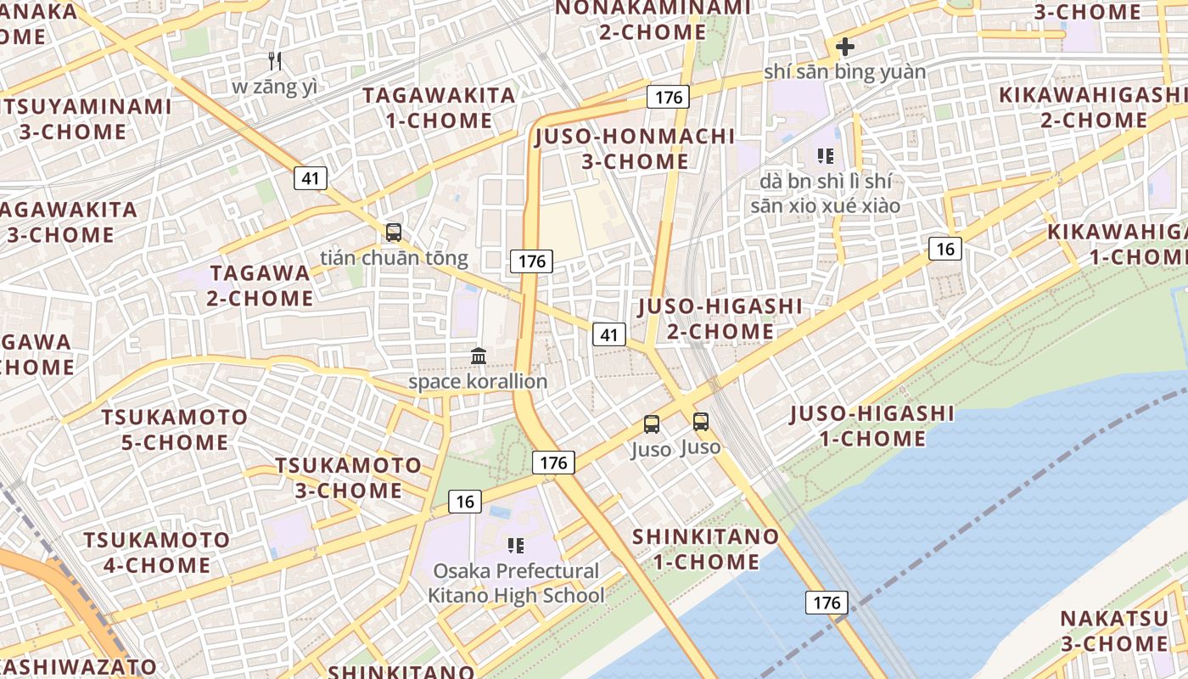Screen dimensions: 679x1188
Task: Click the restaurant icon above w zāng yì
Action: click(x=274, y=60)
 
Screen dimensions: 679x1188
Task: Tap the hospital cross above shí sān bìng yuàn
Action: click(x=844, y=47)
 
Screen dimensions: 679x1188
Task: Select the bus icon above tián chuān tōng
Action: click(x=393, y=232)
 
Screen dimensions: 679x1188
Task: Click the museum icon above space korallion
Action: click(x=479, y=356)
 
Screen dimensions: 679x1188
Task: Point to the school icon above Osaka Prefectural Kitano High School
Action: click(x=516, y=545)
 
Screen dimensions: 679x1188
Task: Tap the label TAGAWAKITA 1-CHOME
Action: click(x=440, y=108)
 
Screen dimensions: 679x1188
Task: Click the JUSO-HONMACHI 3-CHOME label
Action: click(x=636, y=149)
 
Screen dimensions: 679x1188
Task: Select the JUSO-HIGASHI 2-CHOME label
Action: click(x=720, y=318)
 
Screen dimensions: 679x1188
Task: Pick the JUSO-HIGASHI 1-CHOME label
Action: click(x=872, y=426)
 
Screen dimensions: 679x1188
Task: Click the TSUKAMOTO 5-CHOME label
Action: click(x=175, y=429)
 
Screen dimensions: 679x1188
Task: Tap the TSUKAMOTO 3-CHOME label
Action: click(x=348, y=478)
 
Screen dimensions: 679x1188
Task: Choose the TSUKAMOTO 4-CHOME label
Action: click(x=157, y=553)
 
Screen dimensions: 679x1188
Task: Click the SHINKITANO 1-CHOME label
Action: click(x=706, y=549)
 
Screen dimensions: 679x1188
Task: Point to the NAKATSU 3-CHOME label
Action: click(x=1113, y=631)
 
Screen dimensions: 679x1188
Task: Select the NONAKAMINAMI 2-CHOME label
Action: click(x=653, y=20)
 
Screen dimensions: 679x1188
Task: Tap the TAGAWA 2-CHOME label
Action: click(x=261, y=285)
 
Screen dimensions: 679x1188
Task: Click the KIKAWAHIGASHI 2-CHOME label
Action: click(x=1093, y=107)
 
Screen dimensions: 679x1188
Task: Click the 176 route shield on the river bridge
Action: click(x=826, y=603)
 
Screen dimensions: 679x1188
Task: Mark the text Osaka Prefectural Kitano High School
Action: click(x=516, y=583)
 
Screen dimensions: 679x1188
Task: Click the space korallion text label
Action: click(x=478, y=382)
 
